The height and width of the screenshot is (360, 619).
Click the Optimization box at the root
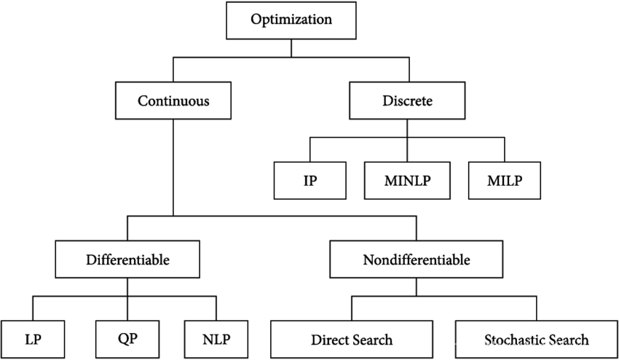291,20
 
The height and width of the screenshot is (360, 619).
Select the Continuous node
173,102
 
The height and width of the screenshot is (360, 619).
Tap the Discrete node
407,102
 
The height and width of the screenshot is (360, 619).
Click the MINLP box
406,180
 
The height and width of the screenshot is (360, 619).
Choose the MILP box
505,180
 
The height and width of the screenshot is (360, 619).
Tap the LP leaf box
32,340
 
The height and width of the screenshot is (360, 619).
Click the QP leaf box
128,340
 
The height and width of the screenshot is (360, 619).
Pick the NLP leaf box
217,340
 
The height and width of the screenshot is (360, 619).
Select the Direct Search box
352,340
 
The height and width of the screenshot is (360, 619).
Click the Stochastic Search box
536,340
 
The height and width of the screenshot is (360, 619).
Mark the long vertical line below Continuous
173,168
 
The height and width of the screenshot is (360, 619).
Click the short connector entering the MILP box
504,148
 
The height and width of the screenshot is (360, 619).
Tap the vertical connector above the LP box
31,308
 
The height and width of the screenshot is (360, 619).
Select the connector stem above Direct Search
352,308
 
